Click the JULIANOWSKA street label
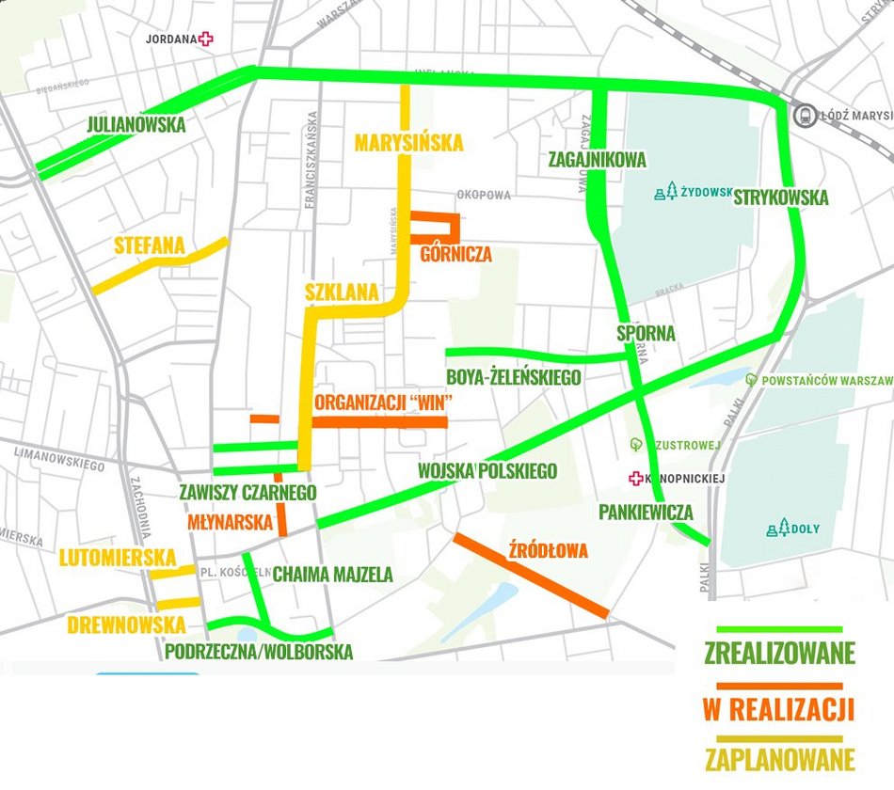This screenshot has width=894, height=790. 136,125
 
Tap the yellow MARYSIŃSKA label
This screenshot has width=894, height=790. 408,143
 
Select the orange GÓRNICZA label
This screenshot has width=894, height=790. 456,255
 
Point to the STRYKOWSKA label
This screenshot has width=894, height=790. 780,198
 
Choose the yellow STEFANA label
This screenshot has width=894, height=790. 150,247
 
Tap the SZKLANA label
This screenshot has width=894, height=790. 342,292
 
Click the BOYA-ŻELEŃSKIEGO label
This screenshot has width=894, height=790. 513,378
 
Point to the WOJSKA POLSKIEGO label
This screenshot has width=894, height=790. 487,471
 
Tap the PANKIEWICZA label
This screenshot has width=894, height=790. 646,513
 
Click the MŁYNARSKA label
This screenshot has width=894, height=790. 230,522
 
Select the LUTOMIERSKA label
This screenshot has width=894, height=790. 118,557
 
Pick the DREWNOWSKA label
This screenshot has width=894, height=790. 126,625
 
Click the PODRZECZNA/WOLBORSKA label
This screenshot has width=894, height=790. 259,652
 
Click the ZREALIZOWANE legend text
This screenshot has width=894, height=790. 779,653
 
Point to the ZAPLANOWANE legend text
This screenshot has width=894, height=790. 779,759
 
